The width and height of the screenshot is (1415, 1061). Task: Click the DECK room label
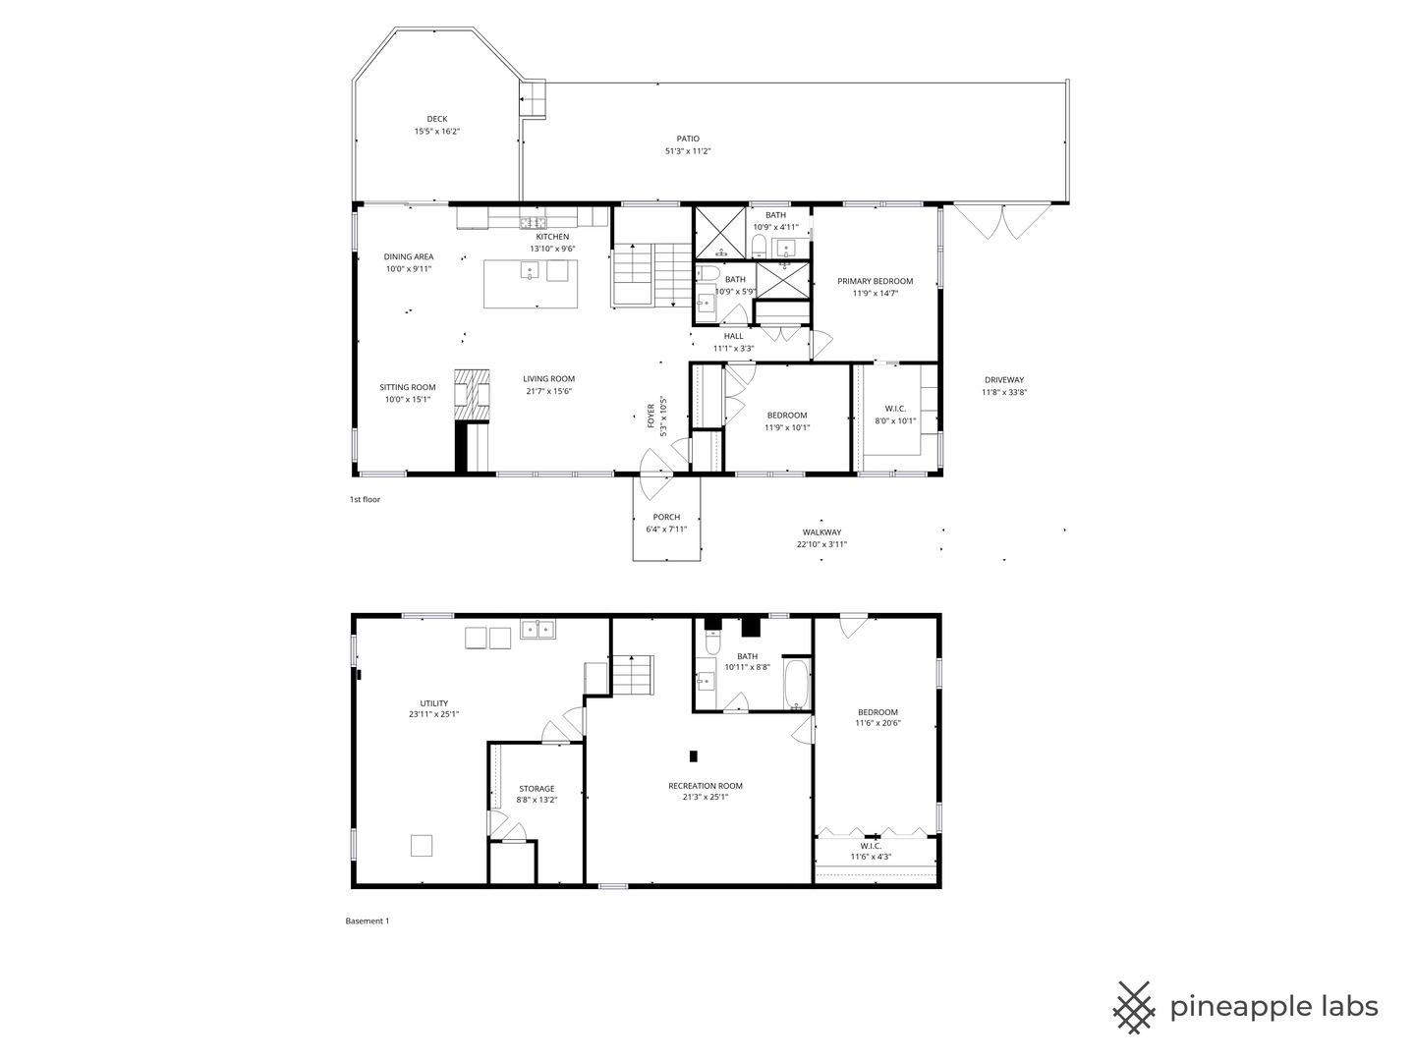pos(436,119)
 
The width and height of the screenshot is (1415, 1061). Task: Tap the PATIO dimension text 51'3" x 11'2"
pos(688,150)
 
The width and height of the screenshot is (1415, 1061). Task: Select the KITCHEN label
pos(552,237)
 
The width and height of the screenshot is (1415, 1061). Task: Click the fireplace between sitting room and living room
pos(472,396)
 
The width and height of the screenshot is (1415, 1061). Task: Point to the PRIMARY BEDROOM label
pos(875,281)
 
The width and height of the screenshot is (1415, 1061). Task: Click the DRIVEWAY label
pos(1003,379)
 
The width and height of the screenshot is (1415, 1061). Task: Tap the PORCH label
pos(666,517)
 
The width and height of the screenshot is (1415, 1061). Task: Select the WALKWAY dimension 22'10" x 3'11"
pos(821,544)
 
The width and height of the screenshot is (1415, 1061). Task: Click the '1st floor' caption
pos(365,499)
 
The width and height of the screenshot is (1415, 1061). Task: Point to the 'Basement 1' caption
pos(368,921)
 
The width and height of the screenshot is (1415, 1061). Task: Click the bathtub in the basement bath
pos(797,684)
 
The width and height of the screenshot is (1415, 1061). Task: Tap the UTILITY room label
pos(434,702)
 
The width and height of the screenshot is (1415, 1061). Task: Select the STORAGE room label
pos(537,788)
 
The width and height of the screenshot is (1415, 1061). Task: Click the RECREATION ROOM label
pos(706,785)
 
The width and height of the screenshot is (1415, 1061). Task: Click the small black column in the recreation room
pos(693,755)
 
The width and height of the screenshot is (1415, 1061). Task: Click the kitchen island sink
pos(530,270)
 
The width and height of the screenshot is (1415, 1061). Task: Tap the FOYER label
pos(651,416)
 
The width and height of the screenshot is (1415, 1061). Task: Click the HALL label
pos(733,336)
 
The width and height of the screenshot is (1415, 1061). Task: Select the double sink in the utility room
pos(538,629)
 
